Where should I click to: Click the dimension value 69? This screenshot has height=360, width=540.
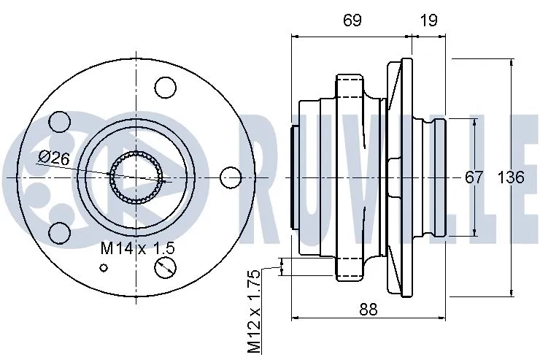(x=352, y=20)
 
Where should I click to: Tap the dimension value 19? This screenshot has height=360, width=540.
(x=429, y=20)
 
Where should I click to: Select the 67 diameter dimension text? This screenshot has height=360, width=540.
(x=474, y=177)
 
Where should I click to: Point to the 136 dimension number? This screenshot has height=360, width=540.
(x=511, y=177)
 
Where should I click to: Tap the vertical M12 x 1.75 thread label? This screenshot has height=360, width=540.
(x=253, y=310)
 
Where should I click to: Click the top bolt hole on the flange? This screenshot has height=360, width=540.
(x=166, y=88)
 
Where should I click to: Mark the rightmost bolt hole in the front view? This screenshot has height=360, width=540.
(x=231, y=177)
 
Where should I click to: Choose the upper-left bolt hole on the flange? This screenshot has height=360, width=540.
(x=60, y=122)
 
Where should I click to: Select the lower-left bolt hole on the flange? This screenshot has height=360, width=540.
(x=60, y=232)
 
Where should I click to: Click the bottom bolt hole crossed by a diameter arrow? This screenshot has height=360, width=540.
(x=166, y=267)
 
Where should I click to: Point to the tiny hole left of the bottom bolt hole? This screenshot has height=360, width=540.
(x=104, y=267)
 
